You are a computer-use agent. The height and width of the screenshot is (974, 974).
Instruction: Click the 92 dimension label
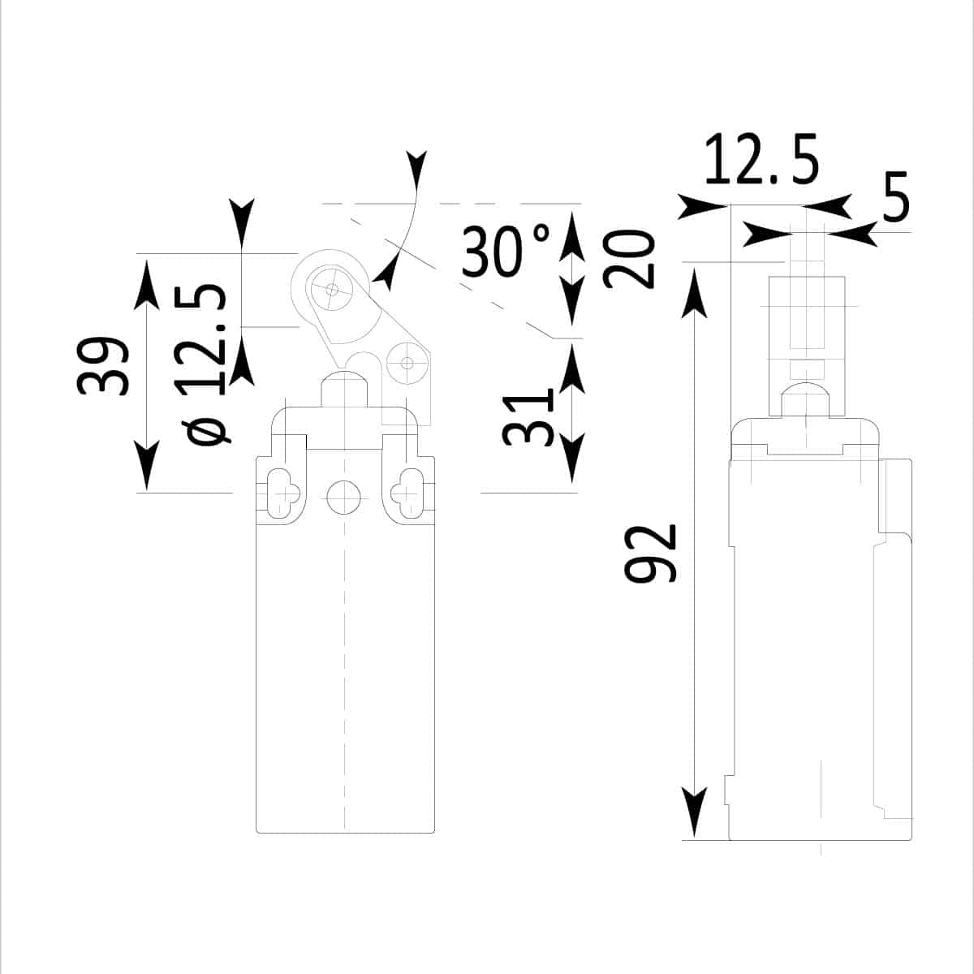(x=650, y=553)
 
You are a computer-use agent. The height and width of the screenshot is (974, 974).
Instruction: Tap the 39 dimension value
(x=102, y=366)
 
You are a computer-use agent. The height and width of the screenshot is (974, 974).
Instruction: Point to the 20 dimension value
(x=629, y=259)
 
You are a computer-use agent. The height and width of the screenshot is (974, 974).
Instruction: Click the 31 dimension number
(x=528, y=418)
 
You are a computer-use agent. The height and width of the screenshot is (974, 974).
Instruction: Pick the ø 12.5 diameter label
(x=201, y=364)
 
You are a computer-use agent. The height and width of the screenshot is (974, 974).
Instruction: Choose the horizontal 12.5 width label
(x=761, y=159)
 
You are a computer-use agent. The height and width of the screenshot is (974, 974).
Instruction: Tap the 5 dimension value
(x=895, y=197)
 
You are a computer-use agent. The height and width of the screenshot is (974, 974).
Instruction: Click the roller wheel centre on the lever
(x=332, y=290)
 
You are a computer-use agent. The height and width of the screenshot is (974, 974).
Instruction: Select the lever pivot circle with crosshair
(x=407, y=363)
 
